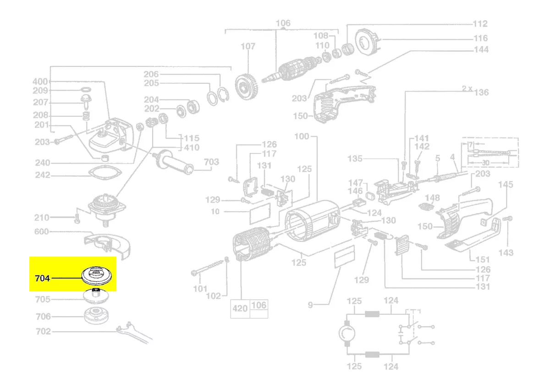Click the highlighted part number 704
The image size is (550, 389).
pos(43,278)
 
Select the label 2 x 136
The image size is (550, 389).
pos(475,91)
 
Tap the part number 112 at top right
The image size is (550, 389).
pos(480,23)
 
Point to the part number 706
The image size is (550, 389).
pos(43,317)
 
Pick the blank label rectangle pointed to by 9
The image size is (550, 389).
pos(345,256)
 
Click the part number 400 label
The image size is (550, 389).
pos(40,82)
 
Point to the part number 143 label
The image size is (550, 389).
pos(506,252)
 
